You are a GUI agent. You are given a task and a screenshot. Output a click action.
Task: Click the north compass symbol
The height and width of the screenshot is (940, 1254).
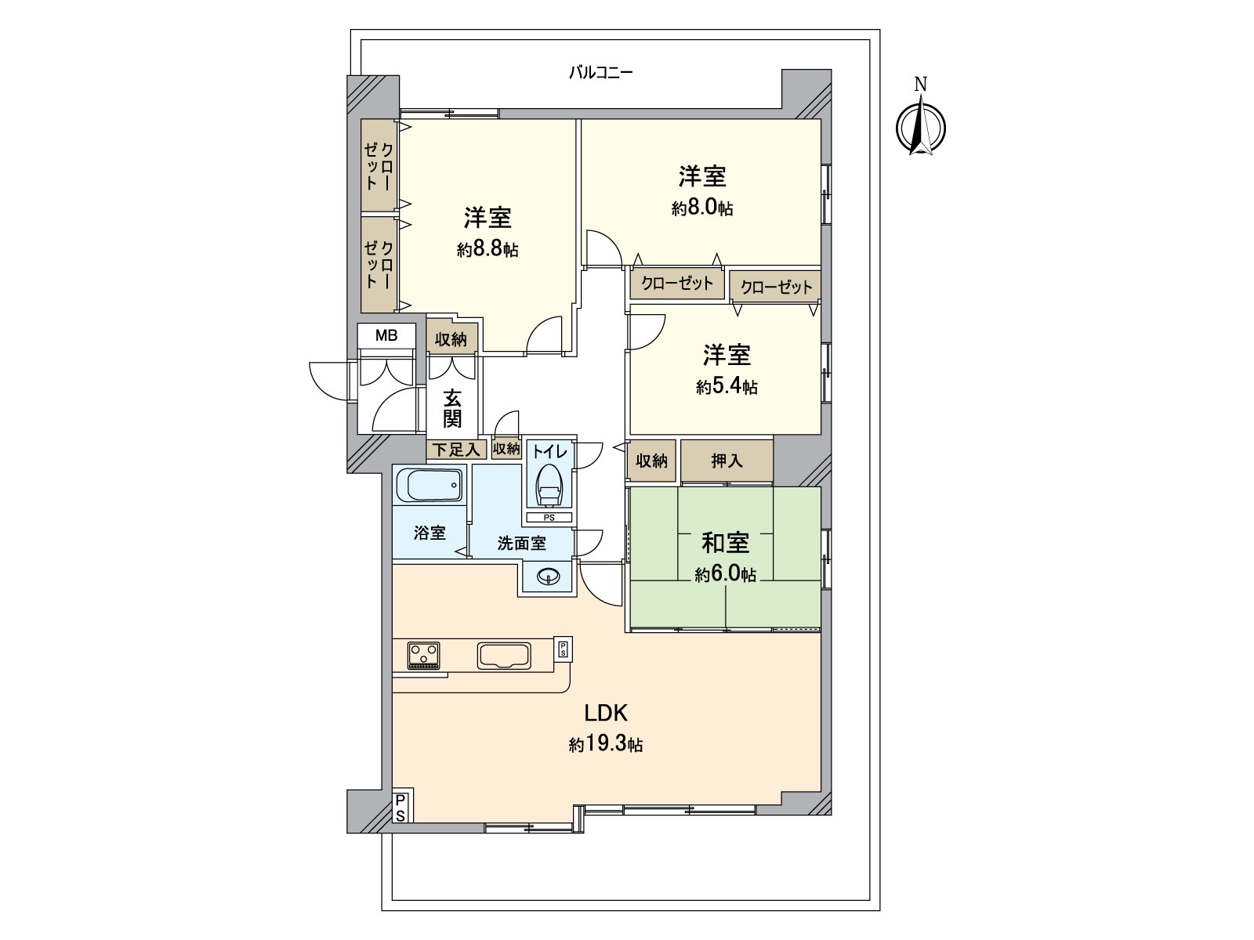pyautogui.click(x=921, y=125)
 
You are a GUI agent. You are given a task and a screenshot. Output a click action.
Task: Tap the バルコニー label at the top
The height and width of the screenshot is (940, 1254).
pyautogui.click(x=600, y=74)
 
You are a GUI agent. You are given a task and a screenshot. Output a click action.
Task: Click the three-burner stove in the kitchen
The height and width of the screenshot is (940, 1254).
pyautogui.click(x=423, y=655)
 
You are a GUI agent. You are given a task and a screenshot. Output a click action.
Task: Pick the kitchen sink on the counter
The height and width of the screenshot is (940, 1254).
pyautogui.click(x=504, y=656)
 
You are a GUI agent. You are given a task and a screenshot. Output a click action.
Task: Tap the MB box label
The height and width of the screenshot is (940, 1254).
pyautogui.click(x=386, y=336)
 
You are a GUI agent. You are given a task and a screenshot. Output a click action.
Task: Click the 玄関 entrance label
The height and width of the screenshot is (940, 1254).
pyautogui.click(x=452, y=408)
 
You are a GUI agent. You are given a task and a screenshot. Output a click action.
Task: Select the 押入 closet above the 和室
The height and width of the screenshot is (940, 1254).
pyautogui.click(x=727, y=461)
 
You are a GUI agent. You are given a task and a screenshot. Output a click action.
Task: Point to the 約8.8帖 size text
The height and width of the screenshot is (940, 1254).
pyautogui.click(x=487, y=250)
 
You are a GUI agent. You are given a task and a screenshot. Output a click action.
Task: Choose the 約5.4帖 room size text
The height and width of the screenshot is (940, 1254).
pyautogui.click(x=727, y=387)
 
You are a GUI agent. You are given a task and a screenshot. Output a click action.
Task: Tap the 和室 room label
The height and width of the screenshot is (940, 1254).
pyautogui.click(x=725, y=542)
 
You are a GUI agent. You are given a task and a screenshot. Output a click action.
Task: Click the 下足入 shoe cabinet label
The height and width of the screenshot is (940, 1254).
pyautogui.click(x=456, y=450)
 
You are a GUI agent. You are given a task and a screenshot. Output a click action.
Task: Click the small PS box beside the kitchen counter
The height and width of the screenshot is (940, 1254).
pyautogui.click(x=563, y=649)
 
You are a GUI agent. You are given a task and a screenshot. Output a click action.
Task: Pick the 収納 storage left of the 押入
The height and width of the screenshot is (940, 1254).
pyautogui.click(x=651, y=461)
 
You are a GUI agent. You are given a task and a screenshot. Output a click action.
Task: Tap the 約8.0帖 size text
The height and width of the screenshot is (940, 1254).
pyautogui.click(x=702, y=208)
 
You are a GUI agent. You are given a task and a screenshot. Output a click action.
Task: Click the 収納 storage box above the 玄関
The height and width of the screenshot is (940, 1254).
pyautogui.click(x=451, y=338)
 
